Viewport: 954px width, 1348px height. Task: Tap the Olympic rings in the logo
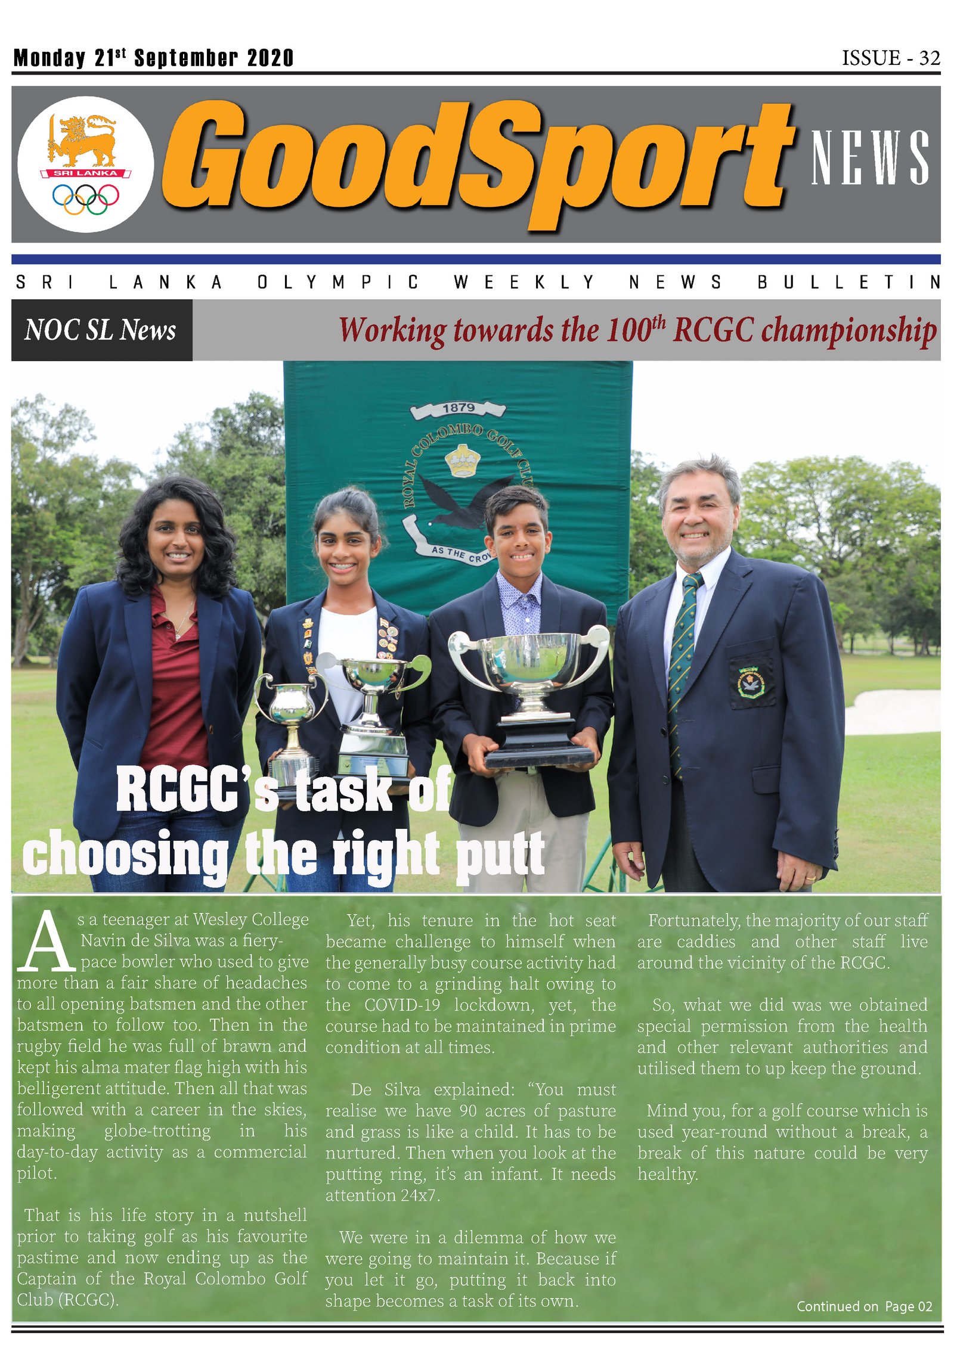click(x=85, y=198)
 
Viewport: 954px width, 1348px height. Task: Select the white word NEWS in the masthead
click(x=869, y=157)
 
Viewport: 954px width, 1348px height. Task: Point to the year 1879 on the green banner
click(x=459, y=408)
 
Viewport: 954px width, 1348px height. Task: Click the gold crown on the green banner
click(x=462, y=461)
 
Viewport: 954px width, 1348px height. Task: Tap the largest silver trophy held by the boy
click(x=529, y=673)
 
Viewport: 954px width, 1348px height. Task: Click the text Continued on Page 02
click(x=864, y=1306)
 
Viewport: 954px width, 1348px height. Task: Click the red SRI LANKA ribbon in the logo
click(x=86, y=173)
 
